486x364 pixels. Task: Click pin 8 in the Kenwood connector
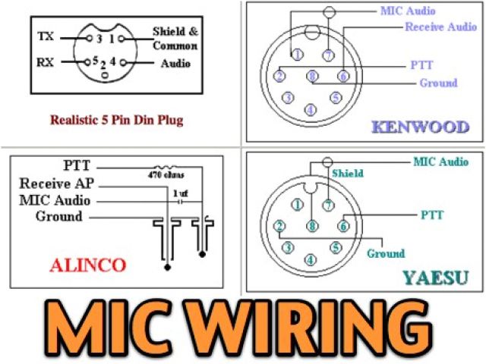tap(312, 76)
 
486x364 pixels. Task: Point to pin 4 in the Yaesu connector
tap(310, 259)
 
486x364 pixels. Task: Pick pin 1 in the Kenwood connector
tap(297, 54)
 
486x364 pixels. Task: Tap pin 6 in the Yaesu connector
tap(343, 225)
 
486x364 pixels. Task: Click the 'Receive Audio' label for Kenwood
tap(441, 27)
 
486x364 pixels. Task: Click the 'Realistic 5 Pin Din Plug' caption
tap(116, 120)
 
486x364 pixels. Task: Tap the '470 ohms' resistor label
tap(163, 173)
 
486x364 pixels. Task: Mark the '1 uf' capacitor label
tap(180, 193)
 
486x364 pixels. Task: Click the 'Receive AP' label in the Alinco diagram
tap(58, 184)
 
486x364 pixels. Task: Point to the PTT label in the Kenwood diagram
tap(421, 65)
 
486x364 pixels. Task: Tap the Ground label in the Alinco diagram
tap(58, 217)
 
